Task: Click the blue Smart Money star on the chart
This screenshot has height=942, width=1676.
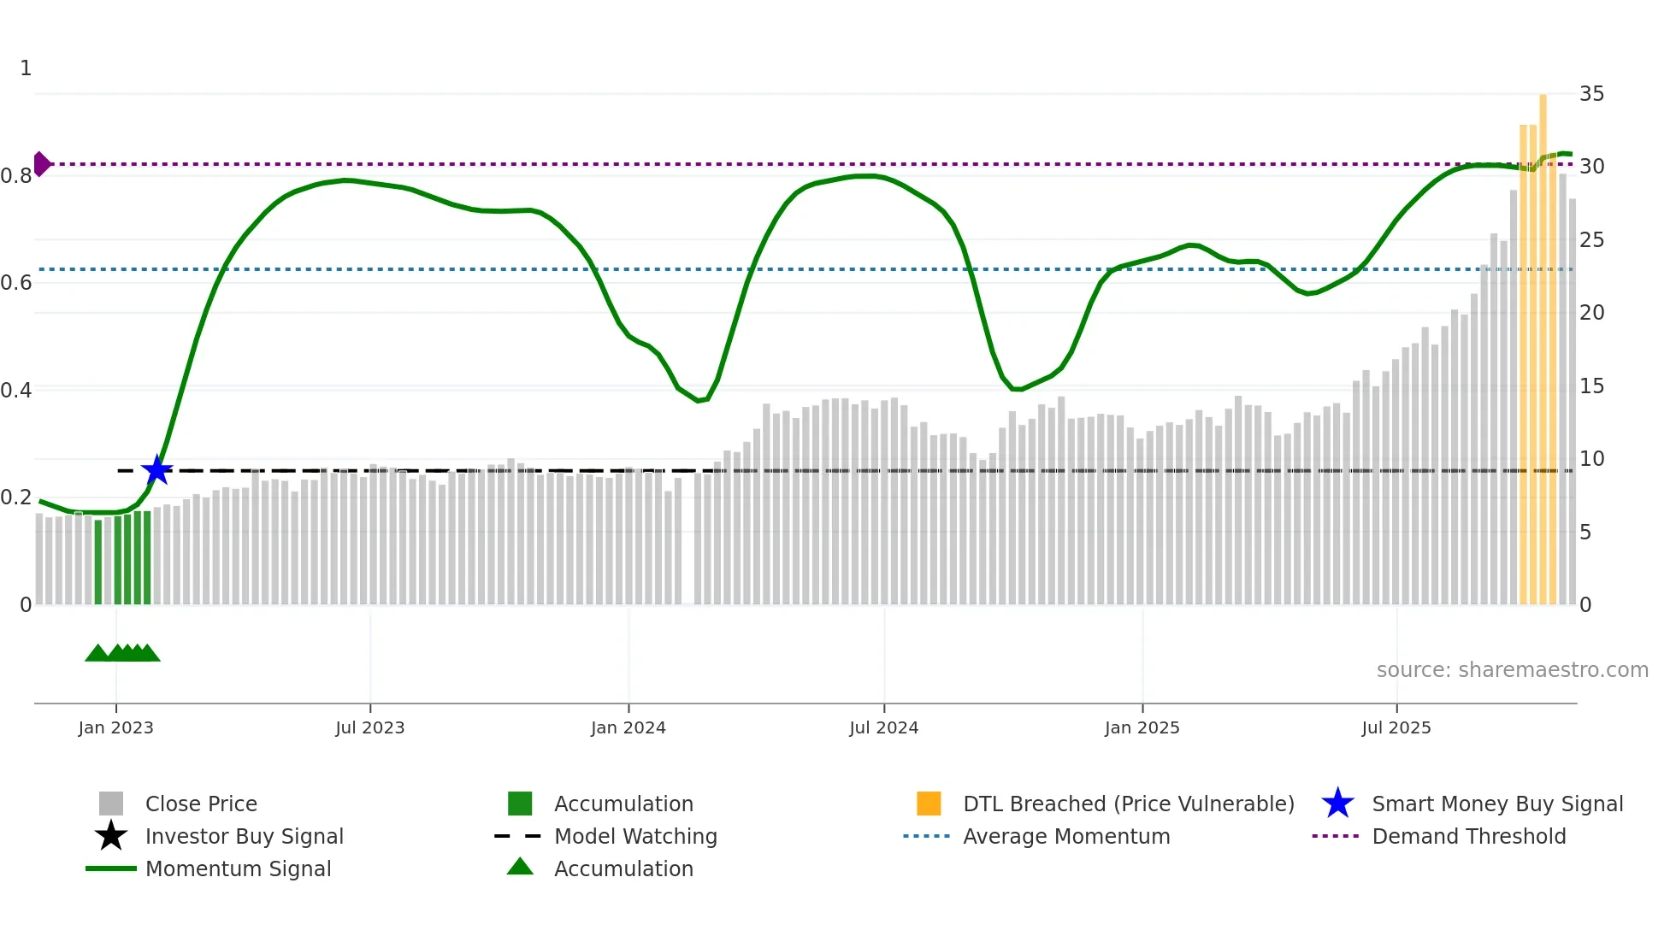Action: pyautogui.click(x=156, y=470)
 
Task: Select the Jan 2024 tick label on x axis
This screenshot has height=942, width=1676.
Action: pyautogui.click(x=628, y=727)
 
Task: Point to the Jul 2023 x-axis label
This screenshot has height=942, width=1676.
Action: pyautogui.click(x=369, y=727)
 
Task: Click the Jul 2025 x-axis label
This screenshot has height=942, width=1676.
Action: pyautogui.click(x=1396, y=727)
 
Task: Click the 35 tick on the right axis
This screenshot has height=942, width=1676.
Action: pyautogui.click(x=1591, y=94)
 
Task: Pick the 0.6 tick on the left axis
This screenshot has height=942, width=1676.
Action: pyautogui.click(x=16, y=283)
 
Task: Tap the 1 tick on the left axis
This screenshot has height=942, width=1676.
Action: pyautogui.click(x=26, y=68)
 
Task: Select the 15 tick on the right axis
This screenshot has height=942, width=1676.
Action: pyautogui.click(x=1591, y=386)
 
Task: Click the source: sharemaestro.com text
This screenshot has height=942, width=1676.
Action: pyautogui.click(x=1512, y=670)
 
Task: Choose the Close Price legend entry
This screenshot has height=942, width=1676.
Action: pyautogui.click(x=201, y=804)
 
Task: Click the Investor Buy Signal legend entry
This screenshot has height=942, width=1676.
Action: pyautogui.click(x=244, y=836)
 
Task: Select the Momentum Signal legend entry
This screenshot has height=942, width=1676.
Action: pyautogui.click(x=238, y=868)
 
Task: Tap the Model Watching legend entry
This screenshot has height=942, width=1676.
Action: pyautogui.click(x=635, y=836)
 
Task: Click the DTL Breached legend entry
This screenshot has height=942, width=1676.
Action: pyautogui.click(x=1128, y=804)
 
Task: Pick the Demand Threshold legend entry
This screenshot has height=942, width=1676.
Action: pyautogui.click(x=1468, y=836)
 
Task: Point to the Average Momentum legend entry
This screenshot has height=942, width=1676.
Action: pyautogui.click(x=1065, y=836)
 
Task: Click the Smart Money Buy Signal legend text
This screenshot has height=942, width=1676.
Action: pyautogui.click(x=1497, y=804)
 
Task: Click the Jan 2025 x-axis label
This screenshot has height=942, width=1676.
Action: pyautogui.click(x=1142, y=727)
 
